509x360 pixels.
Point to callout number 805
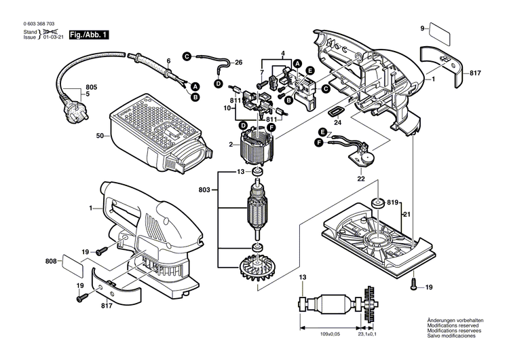(91, 88)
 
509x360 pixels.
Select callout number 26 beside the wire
(238, 62)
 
